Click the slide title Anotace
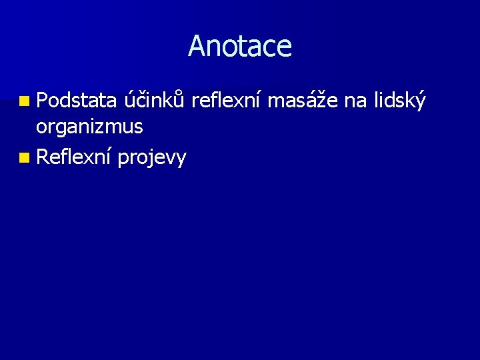[x=240, y=46]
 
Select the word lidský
[x=399, y=101]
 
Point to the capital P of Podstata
[x=42, y=101]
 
